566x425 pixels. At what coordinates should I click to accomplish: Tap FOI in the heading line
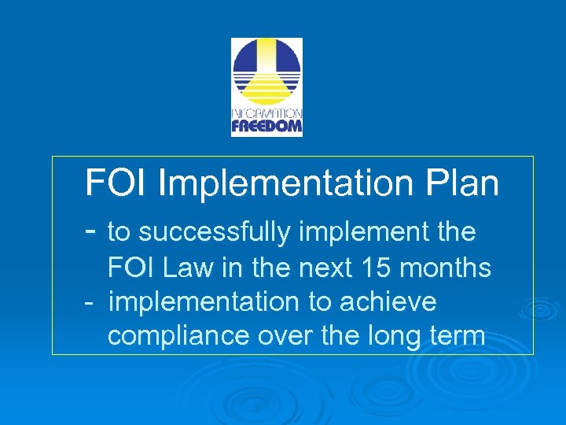(x=117, y=183)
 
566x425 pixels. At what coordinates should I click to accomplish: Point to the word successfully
(x=213, y=232)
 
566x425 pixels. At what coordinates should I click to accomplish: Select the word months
(x=445, y=268)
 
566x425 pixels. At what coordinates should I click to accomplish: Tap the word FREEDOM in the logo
(x=266, y=126)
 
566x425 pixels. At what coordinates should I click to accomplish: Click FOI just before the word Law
(x=130, y=268)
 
